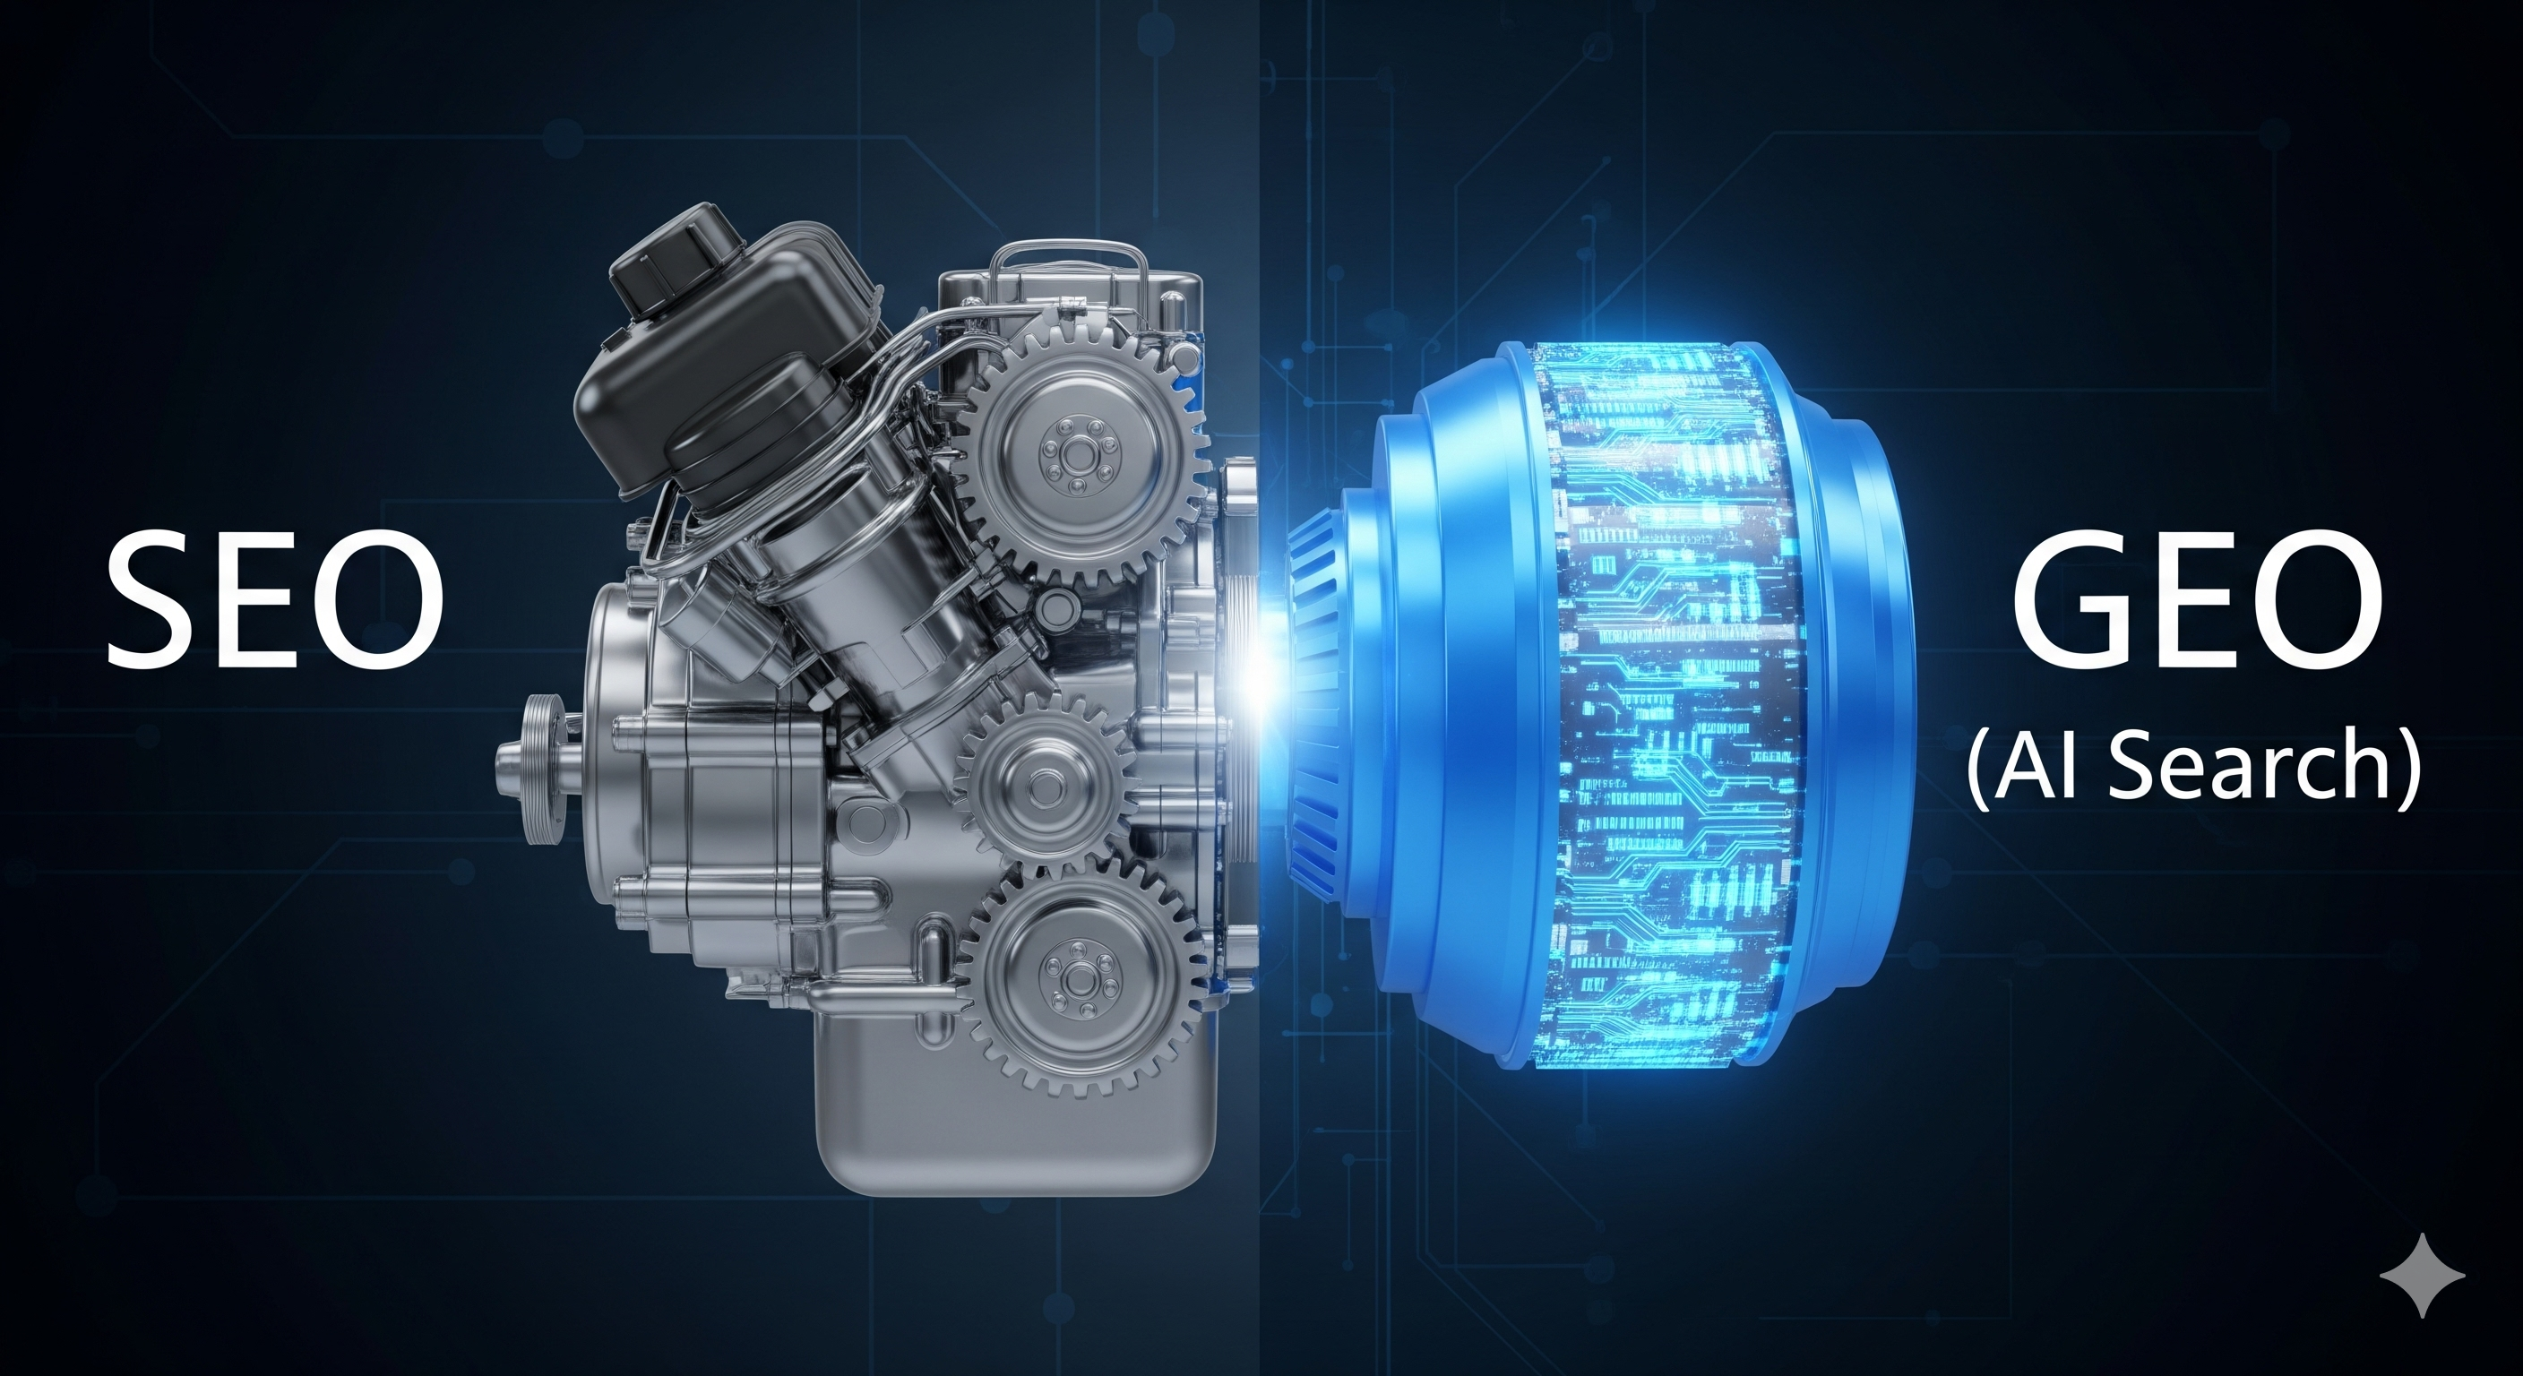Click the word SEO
click(275, 599)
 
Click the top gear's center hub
click(1076, 454)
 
